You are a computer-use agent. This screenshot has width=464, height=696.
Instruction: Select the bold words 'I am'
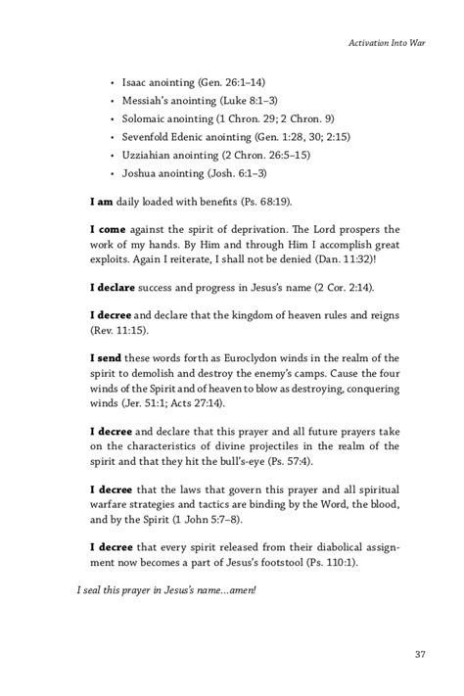pyautogui.click(x=103, y=201)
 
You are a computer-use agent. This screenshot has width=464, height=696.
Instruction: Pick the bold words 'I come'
pyautogui.click(x=111, y=230)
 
